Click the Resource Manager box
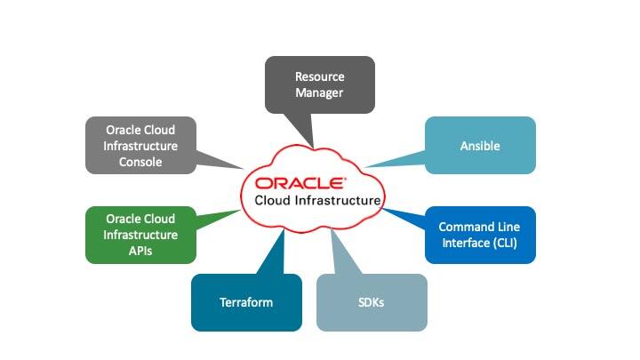click(x=319, y=84)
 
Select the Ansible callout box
click(x=480, y=145)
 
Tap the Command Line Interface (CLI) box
click(x=480, y=235)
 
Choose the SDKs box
click(x=372, y=302)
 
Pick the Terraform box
click(x=246, y=302)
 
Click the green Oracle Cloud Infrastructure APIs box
click(x=140, y=235)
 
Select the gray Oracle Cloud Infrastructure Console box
click(x=140, y=145)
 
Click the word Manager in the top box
click(x=319, y=92)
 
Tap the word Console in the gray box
click(x=140, y=162)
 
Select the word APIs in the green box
click(x=140, y=252)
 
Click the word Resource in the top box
click(x=319, y=76)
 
